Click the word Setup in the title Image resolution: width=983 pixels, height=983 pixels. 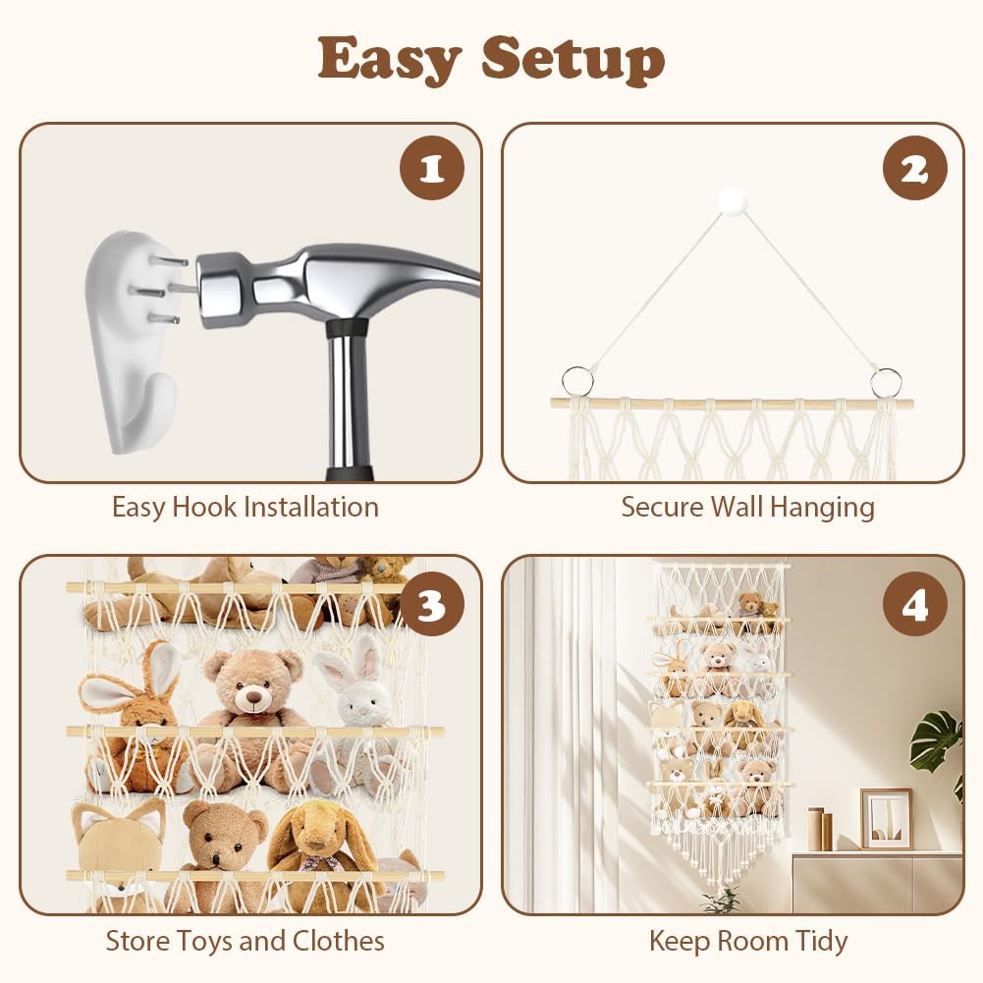573,59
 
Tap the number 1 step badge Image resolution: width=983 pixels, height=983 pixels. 432,168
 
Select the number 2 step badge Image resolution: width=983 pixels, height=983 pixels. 914,168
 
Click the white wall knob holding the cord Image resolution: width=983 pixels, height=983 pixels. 733,200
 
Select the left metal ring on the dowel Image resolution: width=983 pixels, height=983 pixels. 577,381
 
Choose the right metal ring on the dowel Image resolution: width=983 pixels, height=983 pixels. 886,381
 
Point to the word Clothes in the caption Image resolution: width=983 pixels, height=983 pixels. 339,941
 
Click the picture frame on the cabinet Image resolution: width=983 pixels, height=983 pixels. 886,819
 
